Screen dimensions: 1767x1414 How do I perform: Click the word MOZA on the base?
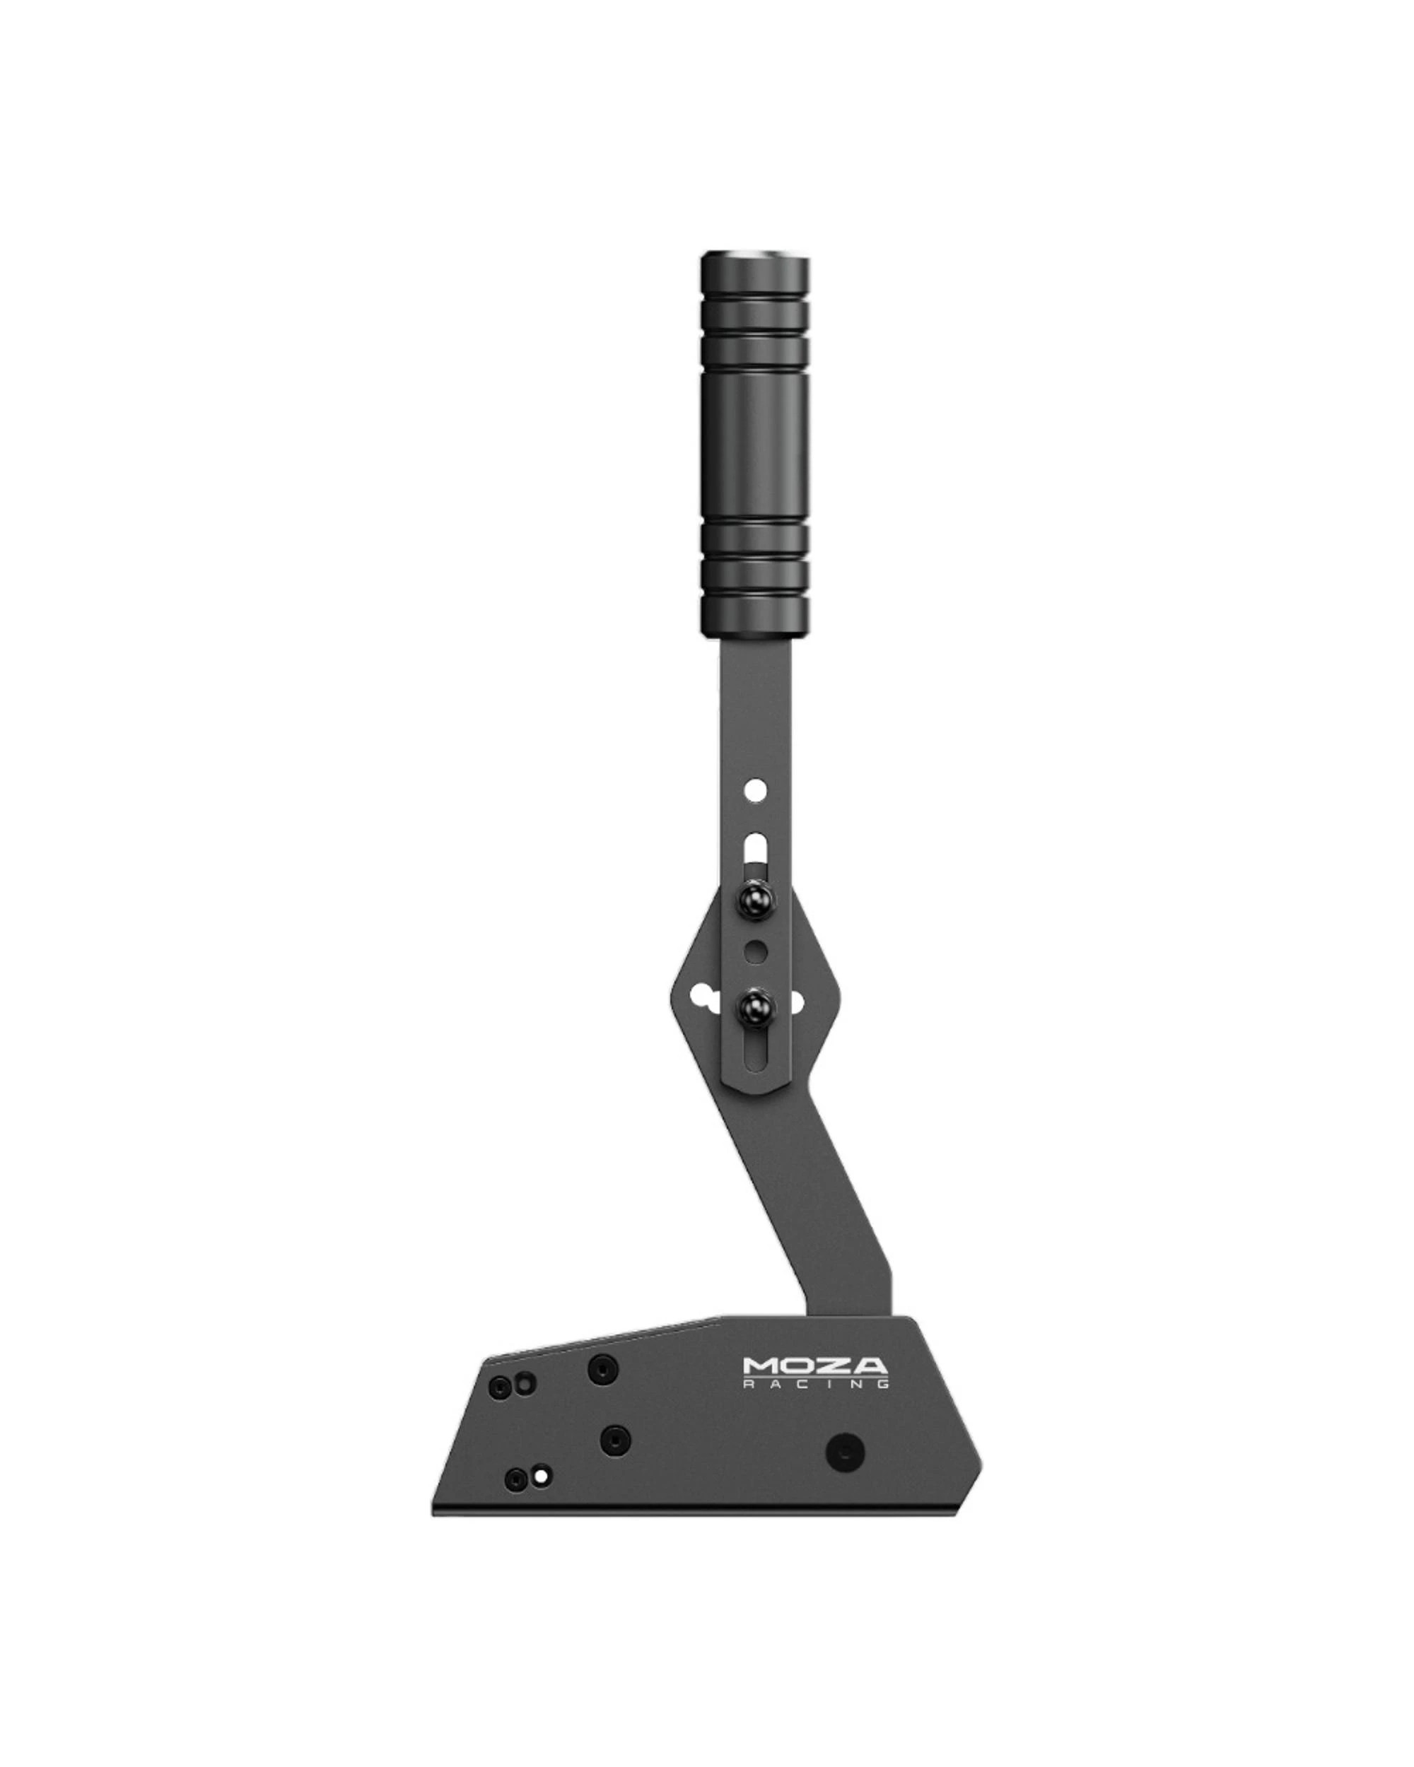(x=814, y=1366)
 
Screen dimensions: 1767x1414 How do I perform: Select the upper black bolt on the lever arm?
(x=755, y=900)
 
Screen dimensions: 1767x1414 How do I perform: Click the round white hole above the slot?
(x=756, y=791)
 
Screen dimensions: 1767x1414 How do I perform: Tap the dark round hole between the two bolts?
(x=756, y=951)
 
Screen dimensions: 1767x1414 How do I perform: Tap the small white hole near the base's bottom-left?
(x=540, y=1476)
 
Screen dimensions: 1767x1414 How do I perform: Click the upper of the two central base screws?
(x=603, y=1366)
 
